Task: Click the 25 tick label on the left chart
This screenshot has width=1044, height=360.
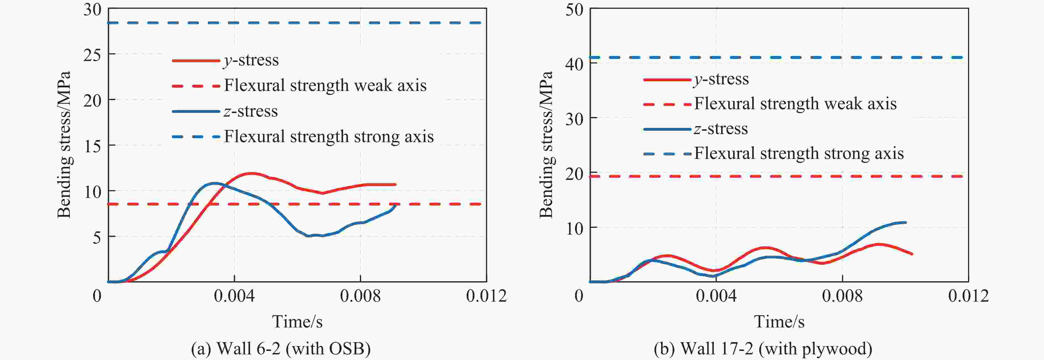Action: pos(92,55)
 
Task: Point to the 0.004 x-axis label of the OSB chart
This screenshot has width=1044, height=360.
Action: pos(234,296)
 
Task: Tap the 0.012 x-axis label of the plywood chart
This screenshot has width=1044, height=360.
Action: pos(968,296)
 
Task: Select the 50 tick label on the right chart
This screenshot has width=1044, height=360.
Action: pos(574,10)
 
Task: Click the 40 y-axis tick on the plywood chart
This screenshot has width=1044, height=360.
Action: pos(574,64)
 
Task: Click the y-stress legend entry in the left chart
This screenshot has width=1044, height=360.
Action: pos(251,61)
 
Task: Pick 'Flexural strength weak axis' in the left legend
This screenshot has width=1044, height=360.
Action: pos(325,86)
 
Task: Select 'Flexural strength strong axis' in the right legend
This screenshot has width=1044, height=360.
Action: pos(799,154)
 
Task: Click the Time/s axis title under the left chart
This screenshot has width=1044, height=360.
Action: pos(297,322)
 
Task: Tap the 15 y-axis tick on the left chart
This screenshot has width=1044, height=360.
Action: pos(92,146)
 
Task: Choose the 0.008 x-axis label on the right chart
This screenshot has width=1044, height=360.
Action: pos(842,296)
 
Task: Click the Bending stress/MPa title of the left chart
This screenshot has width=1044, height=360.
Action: pos(64,145)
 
